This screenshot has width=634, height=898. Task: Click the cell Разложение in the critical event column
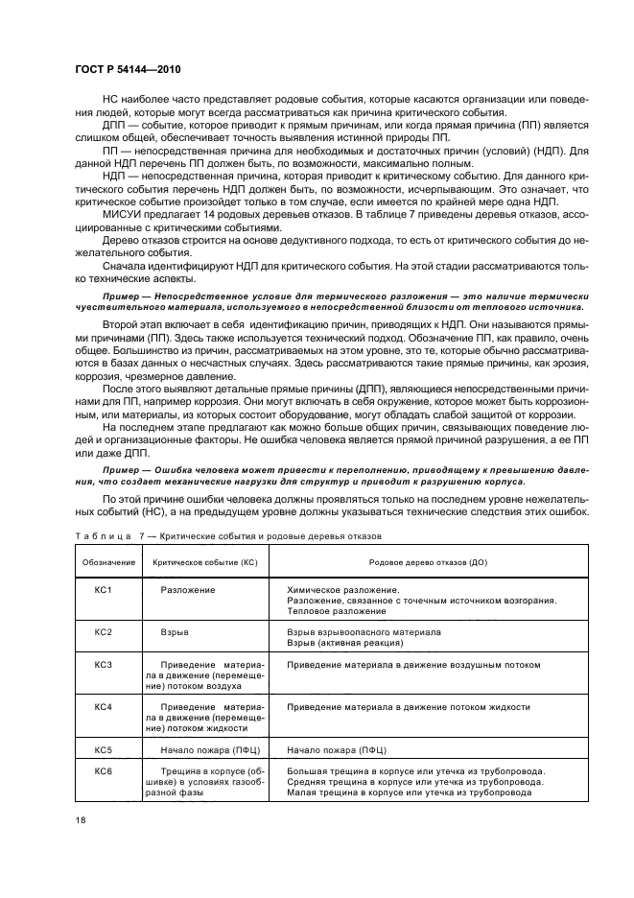[188, 589]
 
